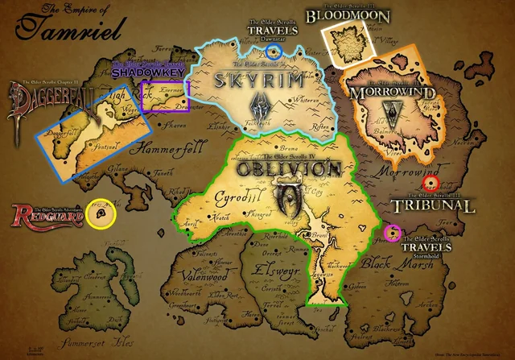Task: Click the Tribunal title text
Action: (435, 206)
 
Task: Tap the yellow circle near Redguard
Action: (101, 213)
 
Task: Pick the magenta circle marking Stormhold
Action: (393, 234)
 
